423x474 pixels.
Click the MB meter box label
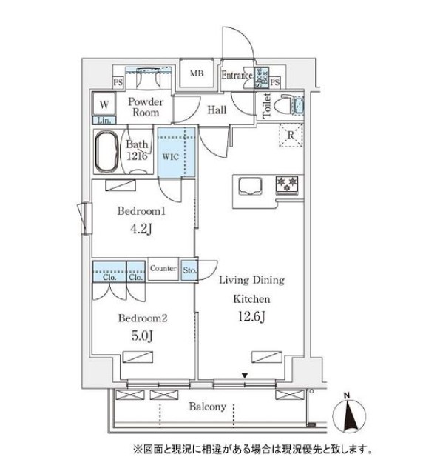197,73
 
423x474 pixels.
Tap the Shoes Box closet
261,78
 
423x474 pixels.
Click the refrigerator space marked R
291,135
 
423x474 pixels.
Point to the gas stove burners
286,184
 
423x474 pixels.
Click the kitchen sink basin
250,185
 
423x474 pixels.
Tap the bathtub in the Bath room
106,151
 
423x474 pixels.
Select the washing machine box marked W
104,104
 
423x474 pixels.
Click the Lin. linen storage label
104,120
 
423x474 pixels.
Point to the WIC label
171,156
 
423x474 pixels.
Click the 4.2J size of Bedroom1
141,229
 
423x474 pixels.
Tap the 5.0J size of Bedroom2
141,336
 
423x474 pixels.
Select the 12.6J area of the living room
251,316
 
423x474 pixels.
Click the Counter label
163,268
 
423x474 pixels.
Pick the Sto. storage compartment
189,270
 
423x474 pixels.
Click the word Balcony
208,407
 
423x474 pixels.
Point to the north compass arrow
351,414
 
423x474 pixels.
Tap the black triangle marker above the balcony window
245,375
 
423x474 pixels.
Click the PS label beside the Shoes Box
275,82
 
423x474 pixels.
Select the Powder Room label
146,107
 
